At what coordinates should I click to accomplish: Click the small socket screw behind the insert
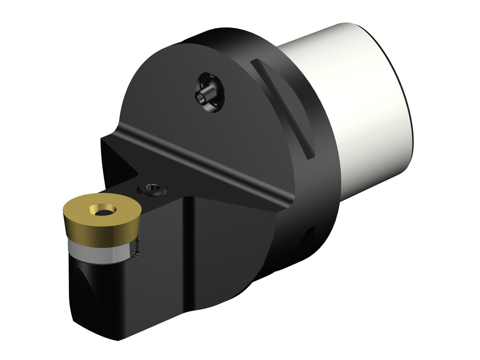152,188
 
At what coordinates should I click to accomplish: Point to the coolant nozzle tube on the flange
202,96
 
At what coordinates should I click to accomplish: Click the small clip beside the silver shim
136,248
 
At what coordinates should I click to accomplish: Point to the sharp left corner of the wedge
102,138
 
